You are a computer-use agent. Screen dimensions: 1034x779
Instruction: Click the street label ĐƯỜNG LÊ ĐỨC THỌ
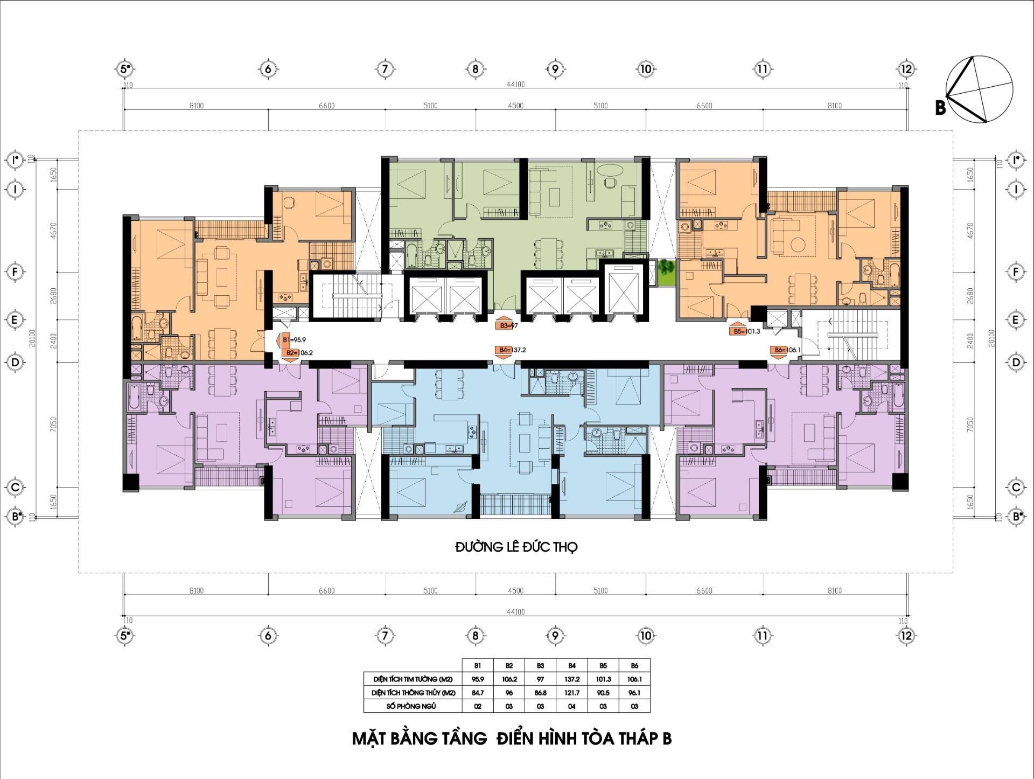pyautogui.click(x=516, y=547)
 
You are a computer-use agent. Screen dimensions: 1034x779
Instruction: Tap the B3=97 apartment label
pyautogui.click(x=508, y=326)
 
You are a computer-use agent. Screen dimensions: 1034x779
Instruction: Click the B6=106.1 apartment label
pyautogui.click(x=786, y=350)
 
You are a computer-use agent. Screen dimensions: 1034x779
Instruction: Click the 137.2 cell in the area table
pyautogui.click(x=571, y=679)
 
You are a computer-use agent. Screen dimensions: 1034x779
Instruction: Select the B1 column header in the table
pyautogui.click(x=478, y=666)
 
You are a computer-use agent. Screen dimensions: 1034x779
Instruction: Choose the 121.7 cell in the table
pyautogui.click(x=571, y=693)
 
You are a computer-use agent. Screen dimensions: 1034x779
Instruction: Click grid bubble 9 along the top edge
pyautogui.click(x=555, y=69)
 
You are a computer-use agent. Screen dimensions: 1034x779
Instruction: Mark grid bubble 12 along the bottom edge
pyautogui.click(x=906, y=636)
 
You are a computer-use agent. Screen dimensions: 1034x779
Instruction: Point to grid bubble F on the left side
pyautogui.click(x=16, y=272)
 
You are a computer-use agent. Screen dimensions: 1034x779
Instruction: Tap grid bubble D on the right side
pyautogui.click(x=1016, y=362)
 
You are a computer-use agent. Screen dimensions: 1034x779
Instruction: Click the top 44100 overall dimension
pyautogui.click(x=515, y=85)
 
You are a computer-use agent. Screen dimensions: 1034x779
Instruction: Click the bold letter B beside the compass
pyautogui.click(x=940, y=108)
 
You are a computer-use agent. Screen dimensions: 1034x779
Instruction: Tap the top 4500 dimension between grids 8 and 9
pyautogui.click(x=515, y=106)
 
